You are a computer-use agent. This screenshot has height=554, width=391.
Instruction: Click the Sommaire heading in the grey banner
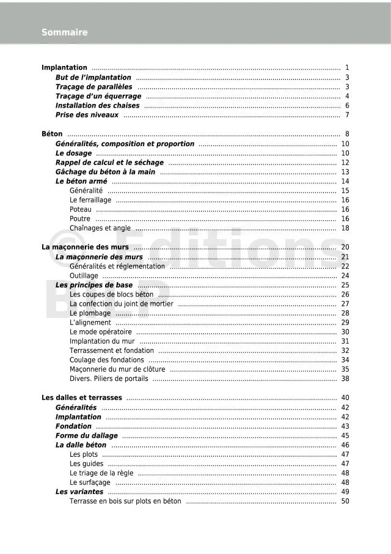pos(64,32)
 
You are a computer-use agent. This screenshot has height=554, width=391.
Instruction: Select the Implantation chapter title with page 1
pos(64,68)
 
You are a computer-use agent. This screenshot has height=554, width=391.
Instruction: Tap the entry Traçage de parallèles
pos(93,87)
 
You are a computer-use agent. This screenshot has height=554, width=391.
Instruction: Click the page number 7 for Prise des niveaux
pos(346,115)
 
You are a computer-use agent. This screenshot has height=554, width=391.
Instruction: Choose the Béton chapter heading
pos(52,135)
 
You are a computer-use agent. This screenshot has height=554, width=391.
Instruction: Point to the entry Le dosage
pos(73,153)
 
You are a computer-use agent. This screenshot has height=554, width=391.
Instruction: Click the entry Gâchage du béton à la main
pos(105,172)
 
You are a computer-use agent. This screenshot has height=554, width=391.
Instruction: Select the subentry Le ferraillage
pos(90,200)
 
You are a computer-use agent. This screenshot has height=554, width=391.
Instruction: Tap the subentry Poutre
pos(80,219)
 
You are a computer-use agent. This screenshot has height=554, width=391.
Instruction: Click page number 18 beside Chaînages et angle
pos(345,228)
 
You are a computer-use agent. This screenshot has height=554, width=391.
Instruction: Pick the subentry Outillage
pos(84,276)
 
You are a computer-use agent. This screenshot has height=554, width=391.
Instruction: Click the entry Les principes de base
pos(94,285)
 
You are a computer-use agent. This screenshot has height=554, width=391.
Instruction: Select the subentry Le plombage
pos(90,313)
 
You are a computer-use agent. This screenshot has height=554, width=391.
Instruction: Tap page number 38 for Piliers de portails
pos(345,379)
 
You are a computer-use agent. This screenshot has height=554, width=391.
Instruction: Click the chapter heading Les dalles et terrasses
pos(82,398)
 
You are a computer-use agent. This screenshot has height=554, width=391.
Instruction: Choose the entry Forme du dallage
pos(86,436)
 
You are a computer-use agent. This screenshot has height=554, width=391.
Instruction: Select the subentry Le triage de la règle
pos(101,473)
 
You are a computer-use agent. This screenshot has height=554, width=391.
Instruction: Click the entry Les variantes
pos(79,492)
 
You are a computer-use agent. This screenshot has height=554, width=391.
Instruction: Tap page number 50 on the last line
pos(345,501)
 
